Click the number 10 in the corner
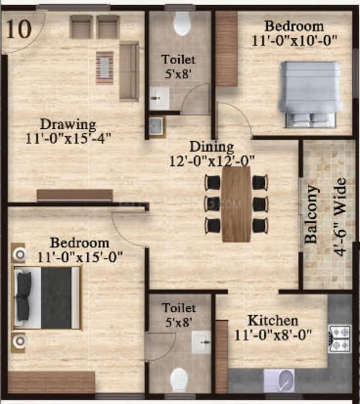click(x=20, y=30)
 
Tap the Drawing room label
click(x=67, y=124)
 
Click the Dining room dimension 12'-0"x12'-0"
click(x=212, y=160)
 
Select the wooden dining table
click(x=236, y=204)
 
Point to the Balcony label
click(x=310, y=214)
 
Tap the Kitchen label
click(x=273, y=321)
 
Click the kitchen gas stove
click(x=340, y=338)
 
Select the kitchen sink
click(x=279, y=380)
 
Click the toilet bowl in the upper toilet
click(x=182, y=24)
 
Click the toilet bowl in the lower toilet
click(x=179, y=379)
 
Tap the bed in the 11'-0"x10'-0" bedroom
click(x=311, y=95)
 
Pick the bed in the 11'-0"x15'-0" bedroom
click(x=47, y=298)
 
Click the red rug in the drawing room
click(x=105, y=68)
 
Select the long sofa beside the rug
click(x=129, y=70)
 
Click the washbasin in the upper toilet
click(x=159, y=98)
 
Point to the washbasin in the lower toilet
click(x=201, y=342)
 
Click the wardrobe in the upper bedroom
click(x=227, y=49)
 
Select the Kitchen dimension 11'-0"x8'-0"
click(x=273, y=336)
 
